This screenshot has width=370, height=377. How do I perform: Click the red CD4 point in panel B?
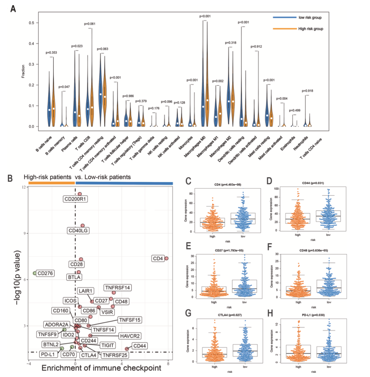tap(166, 258)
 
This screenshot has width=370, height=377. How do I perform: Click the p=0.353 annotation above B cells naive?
tap(52, 52)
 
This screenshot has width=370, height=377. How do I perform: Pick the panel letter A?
tap(13, 9)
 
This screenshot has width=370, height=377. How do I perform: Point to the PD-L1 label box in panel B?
tap(48, 354)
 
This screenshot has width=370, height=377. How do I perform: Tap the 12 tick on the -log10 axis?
tap(24, 187)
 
